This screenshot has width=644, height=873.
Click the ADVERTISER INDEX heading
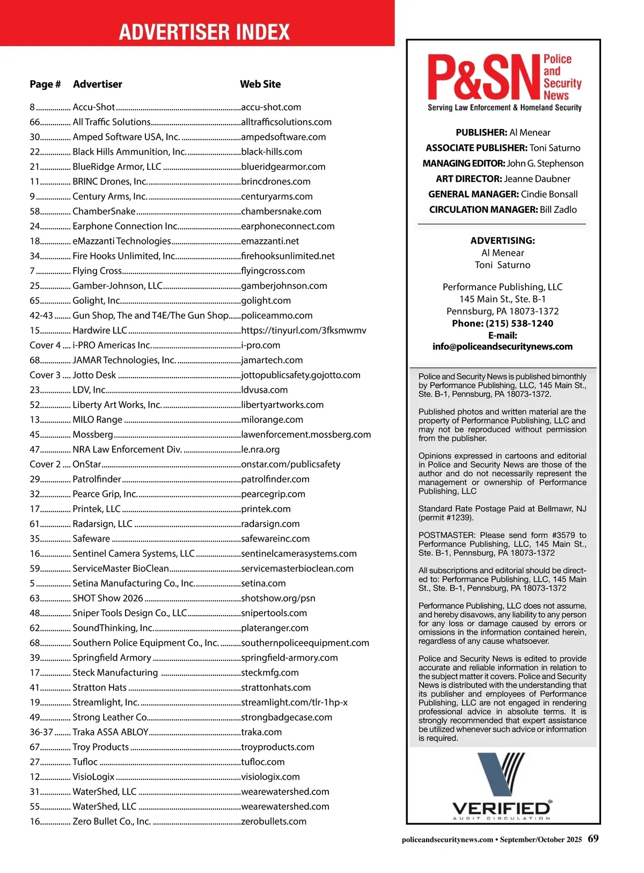tap(204, 32)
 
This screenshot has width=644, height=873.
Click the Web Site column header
tap(260, 84)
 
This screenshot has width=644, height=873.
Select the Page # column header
tap(45, 84)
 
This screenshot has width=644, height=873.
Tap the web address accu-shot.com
tap(271, 107)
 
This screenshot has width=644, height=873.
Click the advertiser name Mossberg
tap(93, 435)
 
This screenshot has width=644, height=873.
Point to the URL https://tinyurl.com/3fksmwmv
tap(304, 330)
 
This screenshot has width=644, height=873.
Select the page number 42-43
tap(41, 316)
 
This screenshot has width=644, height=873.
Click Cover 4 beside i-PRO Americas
tap(45, 345)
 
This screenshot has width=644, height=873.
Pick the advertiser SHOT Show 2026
tap(108, 598)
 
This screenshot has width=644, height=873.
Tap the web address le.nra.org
tap(260, 450)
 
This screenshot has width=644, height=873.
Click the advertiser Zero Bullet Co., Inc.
tap(112, 821)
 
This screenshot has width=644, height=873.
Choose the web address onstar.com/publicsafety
tap(290, 465)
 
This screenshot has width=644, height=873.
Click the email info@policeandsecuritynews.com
tap(502, 347)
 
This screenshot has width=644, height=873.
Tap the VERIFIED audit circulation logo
tap(502, 787)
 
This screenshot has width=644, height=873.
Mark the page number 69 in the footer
tap(593, 839)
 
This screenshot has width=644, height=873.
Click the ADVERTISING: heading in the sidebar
tap(502, 241)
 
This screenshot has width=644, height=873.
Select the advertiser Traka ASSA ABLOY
tap(111, 732)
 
